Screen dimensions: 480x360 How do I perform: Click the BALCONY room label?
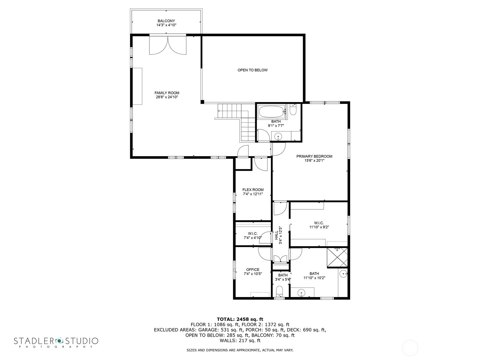pos(166,21)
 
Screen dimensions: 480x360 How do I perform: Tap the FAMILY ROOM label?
pos(167,93)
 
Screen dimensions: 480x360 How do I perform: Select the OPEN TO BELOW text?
pos(253,70)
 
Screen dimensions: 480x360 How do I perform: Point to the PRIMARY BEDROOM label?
pos(314,156)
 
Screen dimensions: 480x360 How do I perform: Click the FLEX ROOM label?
pos(253,190)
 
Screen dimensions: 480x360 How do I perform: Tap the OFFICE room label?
pos(253,270)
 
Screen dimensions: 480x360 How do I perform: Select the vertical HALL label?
pos(276,235)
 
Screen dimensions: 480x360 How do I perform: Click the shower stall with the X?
pos(337,257)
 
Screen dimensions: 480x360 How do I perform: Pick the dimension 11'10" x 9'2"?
pos(319,227)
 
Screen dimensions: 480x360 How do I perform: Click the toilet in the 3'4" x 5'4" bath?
pos(279,291)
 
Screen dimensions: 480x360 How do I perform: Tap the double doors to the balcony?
pos(168,45)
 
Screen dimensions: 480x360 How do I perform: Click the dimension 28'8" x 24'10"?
pos(167,97)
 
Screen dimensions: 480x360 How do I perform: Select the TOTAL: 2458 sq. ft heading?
pos(240,319)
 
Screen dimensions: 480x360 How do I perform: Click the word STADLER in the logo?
pos(34,341)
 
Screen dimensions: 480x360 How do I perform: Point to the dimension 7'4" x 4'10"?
pos(253,238)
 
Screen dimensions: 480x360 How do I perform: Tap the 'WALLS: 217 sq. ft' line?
pos(240,340)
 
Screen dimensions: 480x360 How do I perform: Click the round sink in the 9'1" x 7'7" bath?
pos(278,137)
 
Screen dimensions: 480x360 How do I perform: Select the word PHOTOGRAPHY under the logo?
pos(56,347)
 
